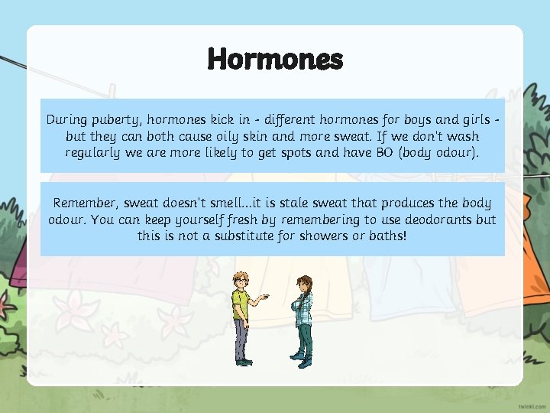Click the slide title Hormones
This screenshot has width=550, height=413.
point(275,59)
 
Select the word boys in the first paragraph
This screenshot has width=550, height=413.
point(398,120)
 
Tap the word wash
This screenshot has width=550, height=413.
point(462,136)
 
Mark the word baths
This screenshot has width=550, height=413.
point(388,236)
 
